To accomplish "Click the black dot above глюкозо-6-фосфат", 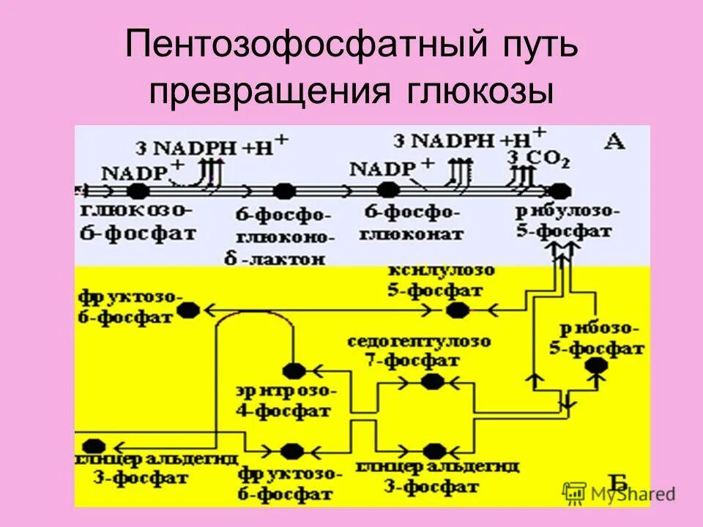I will (x=137, y=191).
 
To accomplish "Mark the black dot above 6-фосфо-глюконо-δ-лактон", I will (x=284, y=191).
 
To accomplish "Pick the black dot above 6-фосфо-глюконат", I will (x=388, y=190).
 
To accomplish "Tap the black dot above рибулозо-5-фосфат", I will (x=560, y=191).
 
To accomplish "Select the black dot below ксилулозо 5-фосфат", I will (x=458, y=310).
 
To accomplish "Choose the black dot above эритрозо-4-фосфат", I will (x=294, y=370).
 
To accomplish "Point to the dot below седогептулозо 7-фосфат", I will (x=432, y=381).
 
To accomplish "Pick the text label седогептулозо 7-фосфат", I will (x=419, y=351).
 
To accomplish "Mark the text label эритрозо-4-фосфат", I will (x=283, y=400).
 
